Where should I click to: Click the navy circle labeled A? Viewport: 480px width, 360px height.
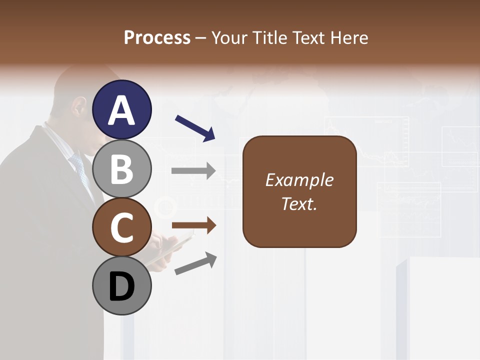[x=121, y=109]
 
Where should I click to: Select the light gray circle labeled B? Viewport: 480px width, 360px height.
[x=121, y=168]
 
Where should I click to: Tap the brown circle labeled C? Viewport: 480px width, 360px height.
[x=121, y=227]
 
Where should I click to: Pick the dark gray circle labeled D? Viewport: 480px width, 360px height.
[x=121, y=285]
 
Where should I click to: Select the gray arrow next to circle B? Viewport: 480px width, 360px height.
[x=193, y=171]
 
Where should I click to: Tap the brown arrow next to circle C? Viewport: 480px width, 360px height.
[x=193, y=226]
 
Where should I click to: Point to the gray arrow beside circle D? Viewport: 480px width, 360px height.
[x=195, y=263]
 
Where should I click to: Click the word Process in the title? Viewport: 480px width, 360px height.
[x=157, y=37]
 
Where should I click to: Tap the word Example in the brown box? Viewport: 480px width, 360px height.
[x=299, y=180]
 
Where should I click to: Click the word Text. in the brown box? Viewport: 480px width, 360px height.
[x=299, y=203]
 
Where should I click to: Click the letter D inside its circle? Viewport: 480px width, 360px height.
[x=121, y=286]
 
